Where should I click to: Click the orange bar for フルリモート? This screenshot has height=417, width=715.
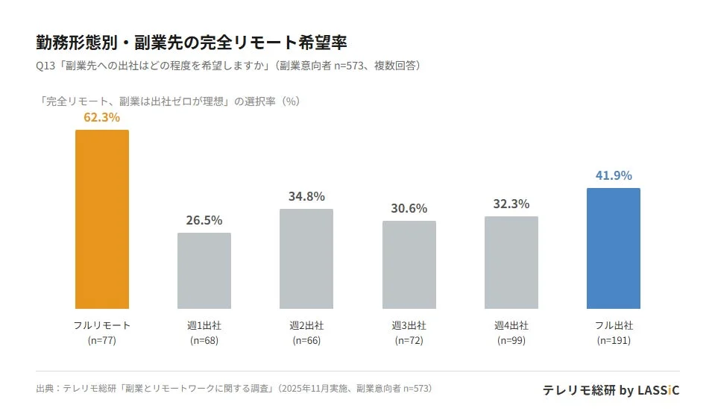102,219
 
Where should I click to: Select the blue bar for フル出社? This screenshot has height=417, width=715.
613,248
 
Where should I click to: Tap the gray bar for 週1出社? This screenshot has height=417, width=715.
204,271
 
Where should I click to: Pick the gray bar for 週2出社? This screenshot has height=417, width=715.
306,259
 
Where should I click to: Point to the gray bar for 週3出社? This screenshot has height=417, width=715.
409,265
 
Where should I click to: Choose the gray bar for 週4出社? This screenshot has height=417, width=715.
511,263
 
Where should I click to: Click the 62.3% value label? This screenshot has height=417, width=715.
102,117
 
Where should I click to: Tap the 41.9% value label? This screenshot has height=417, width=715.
613,175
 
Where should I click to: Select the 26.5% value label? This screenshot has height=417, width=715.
204,220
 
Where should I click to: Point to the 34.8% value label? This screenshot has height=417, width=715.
306,196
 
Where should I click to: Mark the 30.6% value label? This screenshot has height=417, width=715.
409,208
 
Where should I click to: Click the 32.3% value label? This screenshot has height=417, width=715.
511,204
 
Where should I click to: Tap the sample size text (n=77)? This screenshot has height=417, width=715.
102,341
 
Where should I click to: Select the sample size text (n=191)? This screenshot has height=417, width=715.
613,341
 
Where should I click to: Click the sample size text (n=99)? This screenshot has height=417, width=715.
511,341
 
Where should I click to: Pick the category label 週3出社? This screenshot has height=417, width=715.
409,326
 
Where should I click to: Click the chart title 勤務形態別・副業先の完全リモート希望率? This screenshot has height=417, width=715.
191,41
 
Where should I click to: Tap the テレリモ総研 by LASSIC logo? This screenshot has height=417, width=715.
611,390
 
